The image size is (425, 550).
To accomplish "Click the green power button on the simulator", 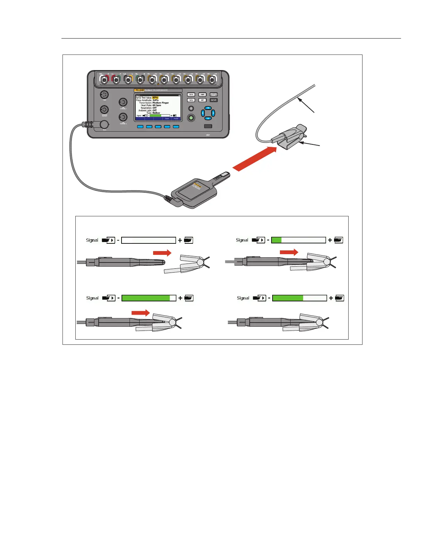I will [x=191, y=118].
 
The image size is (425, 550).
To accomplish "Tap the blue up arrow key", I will [x=208, y=108].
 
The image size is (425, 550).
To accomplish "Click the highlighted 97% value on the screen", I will [x=155, y=98].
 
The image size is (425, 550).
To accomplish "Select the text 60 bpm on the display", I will [x=157, y=105].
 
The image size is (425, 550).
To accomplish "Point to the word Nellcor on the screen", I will [x=157, y=113].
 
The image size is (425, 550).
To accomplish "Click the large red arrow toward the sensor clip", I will [x=255, y=159].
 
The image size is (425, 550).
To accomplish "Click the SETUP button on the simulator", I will [x=214, y=100].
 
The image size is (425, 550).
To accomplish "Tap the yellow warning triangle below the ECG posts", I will [x=158, y=84].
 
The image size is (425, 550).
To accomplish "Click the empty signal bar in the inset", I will [x=149, y=240].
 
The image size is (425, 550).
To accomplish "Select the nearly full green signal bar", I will [x=149, y=298].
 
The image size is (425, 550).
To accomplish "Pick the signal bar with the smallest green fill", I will [x=299, y=240].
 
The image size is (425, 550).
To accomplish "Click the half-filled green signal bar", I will [x=300, y=298].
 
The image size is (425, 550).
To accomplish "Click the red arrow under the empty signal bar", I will [x=162, y=253].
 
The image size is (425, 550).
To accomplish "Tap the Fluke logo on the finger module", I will [x=198, y=185].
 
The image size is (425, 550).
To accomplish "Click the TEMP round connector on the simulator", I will [x=105, y=95].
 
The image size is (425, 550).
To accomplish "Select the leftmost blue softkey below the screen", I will [x=140, y=127].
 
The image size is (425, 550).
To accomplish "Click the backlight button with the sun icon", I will [x=191, y=109].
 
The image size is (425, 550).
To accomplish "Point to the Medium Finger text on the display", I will [x=161, y=103].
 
